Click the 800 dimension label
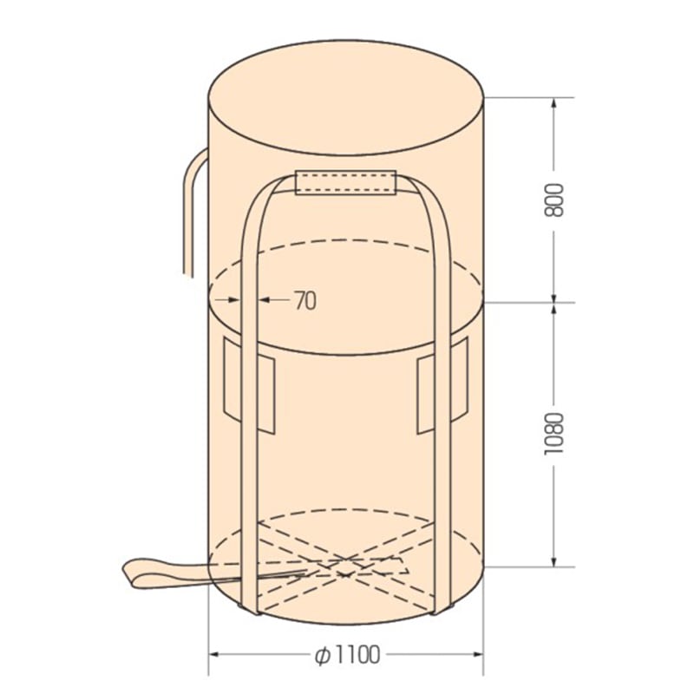coord(553,200)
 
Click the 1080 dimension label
coord(553,434)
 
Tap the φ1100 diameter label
coord(348,655)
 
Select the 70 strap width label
coord(305,300)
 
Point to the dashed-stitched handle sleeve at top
coord(345,182)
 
